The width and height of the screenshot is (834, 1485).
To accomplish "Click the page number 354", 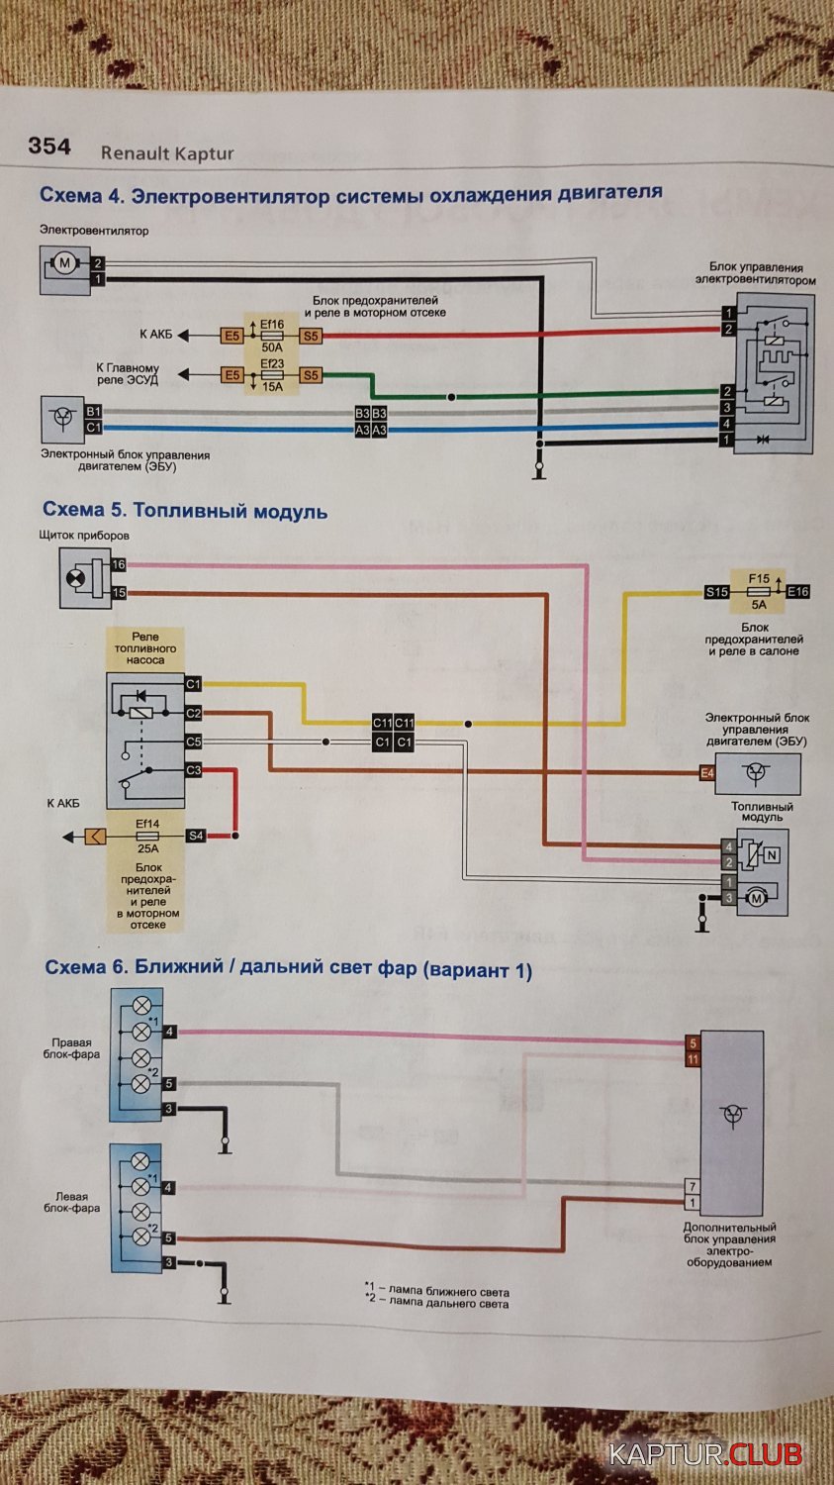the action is (x=49, y=146).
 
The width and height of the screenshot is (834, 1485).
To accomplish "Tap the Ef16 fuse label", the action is (x=272, y=324).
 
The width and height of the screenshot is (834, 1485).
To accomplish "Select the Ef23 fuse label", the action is (x=272, y=363).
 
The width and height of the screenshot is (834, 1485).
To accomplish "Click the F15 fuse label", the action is (x=759, y=579).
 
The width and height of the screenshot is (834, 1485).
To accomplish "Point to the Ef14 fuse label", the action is (x=147, y=824).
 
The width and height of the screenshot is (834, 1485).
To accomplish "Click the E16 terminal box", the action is (x=797, y=592).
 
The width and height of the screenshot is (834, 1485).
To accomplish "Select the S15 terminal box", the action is (x=716, y=592).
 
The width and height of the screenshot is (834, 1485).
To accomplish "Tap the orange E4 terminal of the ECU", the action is (x=707, y=773).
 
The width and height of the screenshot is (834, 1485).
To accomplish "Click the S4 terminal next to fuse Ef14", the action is (x=196, y=836).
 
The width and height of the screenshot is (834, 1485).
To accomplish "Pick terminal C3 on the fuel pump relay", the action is (x=194, y=770).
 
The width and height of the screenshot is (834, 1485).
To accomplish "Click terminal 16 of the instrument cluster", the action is (x=119, y=565).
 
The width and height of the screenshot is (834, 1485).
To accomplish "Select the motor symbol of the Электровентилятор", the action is (x=65, y=263).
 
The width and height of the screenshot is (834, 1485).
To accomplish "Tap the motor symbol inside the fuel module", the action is (x=757, y=899).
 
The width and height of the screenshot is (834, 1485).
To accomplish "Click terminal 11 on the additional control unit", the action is (x=693, y=1059).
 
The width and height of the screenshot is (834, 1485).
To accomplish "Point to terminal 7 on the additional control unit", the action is (x=693, y=1186).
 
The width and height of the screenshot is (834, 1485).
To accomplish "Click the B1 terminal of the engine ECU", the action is (x=93, y=412).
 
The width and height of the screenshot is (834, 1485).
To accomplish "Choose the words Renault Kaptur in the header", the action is (x=167, y=153).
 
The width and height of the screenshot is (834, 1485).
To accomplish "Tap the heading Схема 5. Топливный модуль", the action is (x=185, y=511).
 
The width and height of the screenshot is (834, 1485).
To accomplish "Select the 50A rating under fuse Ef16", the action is (x=272, y=347).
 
